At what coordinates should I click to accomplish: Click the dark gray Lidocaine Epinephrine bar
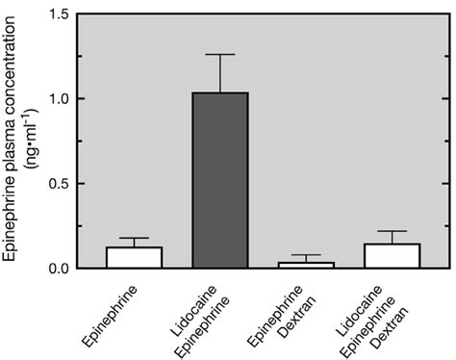[220, 180]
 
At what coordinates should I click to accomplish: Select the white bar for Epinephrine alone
[134, 258]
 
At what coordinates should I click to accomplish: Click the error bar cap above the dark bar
[220, 55]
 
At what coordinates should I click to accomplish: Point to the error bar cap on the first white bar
[134, 238]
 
